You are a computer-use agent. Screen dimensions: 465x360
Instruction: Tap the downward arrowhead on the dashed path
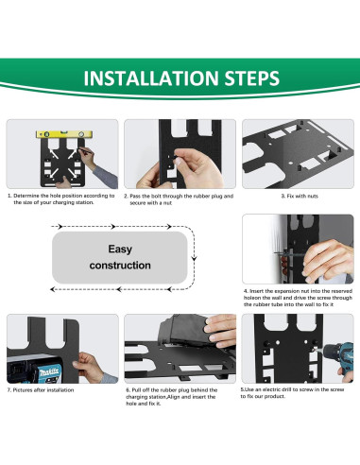click(194, 258)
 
